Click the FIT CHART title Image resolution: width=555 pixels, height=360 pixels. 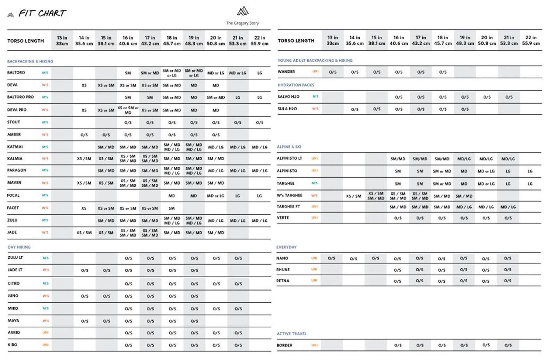(x=42, y=14)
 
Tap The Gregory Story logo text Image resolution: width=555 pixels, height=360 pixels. (x=242, y=23)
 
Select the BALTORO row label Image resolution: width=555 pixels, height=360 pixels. (x=16, y=73)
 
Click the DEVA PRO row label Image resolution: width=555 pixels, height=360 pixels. (x=17, y=110)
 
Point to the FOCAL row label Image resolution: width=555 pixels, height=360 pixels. (x=14, y=195)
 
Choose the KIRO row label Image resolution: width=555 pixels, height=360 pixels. (x=12, y=345)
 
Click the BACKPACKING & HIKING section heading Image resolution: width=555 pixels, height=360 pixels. (x=30, y=61)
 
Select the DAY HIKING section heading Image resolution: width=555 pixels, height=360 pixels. (x=19, y=247)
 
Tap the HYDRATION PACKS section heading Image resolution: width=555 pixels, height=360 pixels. (x=296, y=85)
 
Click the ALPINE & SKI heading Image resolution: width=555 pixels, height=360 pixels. (x=289, y=147)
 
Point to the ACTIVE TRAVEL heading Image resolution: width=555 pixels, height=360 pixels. (x=291, y=334)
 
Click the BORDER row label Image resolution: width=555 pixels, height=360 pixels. (x=284, y=345)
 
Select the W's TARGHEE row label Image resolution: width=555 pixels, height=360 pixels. (x=290, y=196)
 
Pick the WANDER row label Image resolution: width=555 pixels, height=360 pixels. (x=286, y=72)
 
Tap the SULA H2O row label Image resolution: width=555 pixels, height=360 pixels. (x=287, y=109)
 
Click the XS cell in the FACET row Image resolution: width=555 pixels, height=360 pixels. (x=84, y=208)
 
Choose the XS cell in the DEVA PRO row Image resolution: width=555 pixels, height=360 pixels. (x=84, y=110)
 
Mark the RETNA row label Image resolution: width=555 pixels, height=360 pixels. (x=283, y=281)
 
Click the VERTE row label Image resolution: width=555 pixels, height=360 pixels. (x=283, y=218)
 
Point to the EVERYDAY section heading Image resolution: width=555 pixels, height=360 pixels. (x=287, y=247)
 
